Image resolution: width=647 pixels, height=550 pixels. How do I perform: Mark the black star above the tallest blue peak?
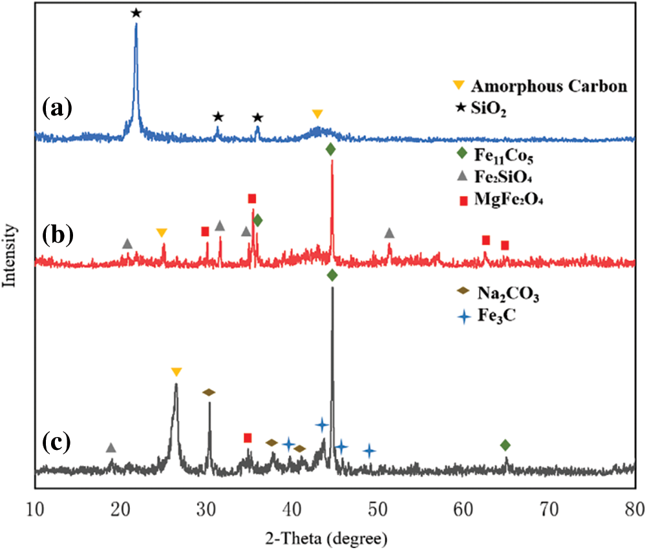pos(136,13)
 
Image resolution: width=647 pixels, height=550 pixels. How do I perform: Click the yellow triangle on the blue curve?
pos(317,114)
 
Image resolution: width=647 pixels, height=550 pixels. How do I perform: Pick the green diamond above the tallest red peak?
pos(331,150)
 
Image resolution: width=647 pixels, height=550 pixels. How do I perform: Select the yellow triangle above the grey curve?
pos(176,372)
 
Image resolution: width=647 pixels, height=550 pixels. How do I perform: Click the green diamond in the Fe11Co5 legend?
pos(461,154)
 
